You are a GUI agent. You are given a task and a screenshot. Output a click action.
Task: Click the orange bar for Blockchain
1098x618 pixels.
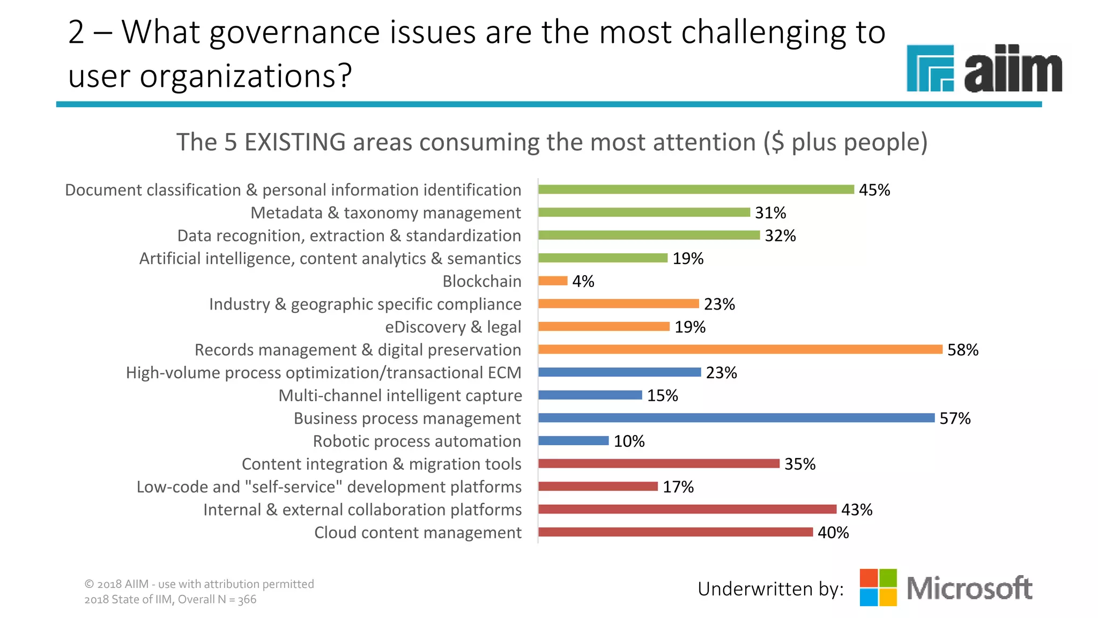click(553, 281)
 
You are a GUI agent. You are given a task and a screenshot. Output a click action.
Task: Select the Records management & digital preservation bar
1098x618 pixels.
click(740, 349)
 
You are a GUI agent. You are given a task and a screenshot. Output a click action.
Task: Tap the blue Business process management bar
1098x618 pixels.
click(736, 418)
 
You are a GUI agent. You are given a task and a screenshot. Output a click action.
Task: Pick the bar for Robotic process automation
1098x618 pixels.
click(573, 440)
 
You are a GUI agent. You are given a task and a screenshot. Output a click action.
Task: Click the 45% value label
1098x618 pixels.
click(874, 190)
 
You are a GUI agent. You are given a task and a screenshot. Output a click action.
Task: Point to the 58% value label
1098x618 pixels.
click(962, 350)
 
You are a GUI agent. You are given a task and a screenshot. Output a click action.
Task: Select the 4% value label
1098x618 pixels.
click(583, 281)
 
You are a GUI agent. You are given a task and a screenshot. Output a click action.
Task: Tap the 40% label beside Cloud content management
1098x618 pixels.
click(833, 533)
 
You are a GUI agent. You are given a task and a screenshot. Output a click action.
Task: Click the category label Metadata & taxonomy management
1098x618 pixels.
click(385, 213)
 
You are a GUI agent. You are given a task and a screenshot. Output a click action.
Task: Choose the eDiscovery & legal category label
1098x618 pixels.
click(452, 327)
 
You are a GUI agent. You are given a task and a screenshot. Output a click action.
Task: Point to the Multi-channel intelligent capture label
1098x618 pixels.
click(400, 395)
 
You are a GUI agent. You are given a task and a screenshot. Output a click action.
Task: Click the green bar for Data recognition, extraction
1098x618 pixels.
click(649, 235)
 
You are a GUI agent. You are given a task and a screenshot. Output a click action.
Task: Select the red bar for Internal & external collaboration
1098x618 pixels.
click(687, 509)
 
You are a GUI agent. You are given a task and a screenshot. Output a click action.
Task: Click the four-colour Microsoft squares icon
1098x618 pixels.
click(878, 587)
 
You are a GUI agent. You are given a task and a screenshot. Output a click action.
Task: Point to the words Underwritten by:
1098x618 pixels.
click(770, 589)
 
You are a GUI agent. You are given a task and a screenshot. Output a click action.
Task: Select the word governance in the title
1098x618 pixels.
click(294, 32)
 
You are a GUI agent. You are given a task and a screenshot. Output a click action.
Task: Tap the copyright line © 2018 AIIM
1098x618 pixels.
click(199, 584)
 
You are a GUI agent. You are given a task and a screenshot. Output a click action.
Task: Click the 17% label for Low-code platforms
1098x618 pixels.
click(678, 487)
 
